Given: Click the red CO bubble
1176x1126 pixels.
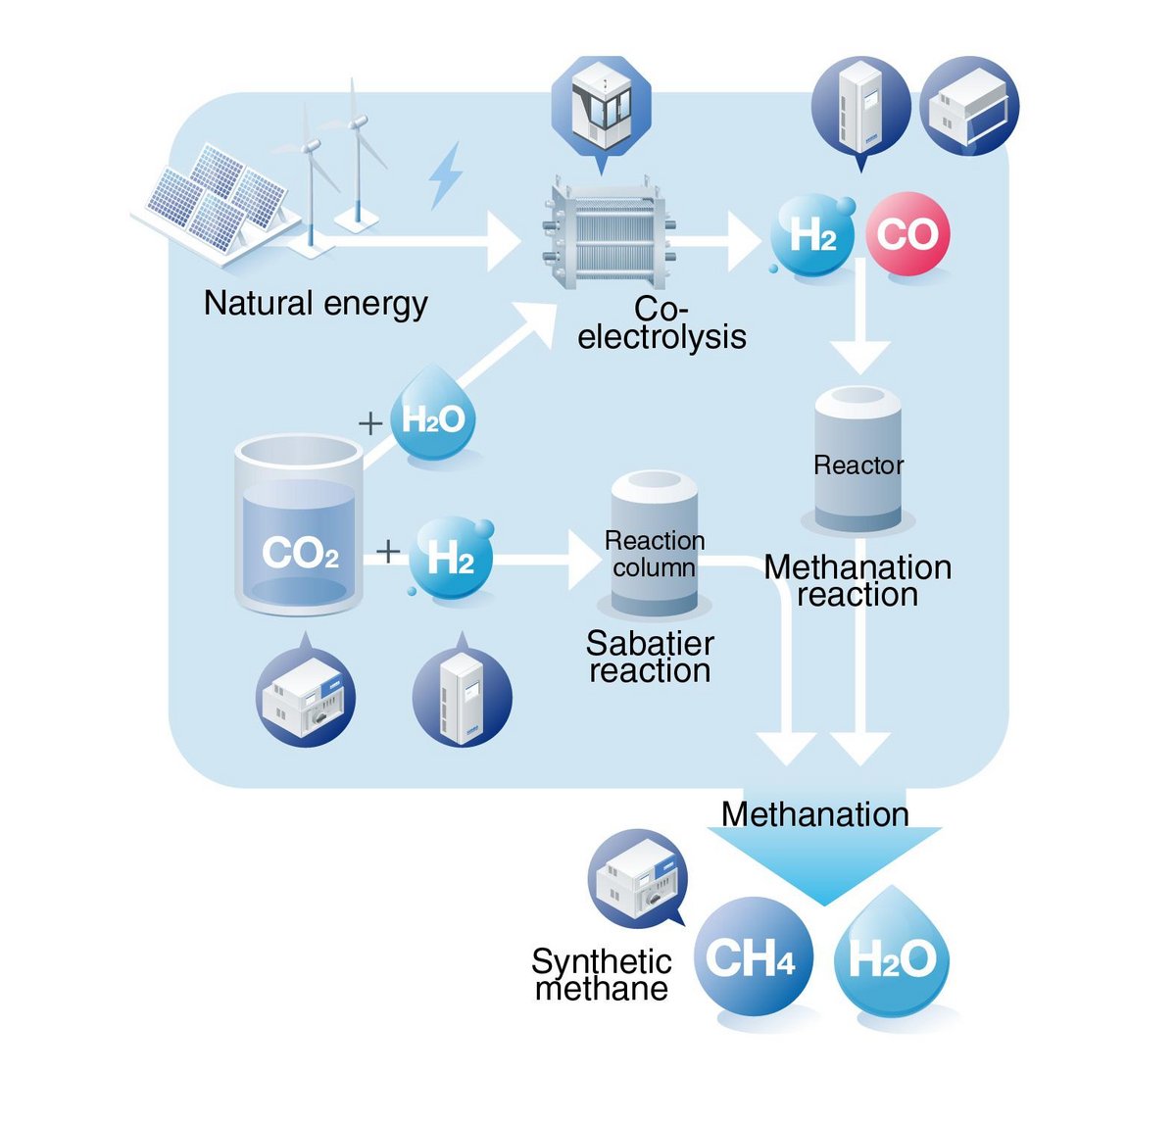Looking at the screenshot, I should (x=907, y=234).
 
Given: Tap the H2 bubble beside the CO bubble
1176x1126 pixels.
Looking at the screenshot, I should (x=812, y=235).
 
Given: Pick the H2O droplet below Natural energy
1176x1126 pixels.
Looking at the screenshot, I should (x=434, y=417).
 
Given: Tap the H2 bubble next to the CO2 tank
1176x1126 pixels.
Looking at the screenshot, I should (x=450, y=559).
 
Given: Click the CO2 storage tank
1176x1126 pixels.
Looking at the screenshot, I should (x=299, y=525).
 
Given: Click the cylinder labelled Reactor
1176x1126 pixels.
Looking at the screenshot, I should (x=858, y=461).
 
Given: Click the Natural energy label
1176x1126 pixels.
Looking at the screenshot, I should (x=316, y=304).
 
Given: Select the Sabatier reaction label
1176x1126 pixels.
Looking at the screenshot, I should (x=650, y=657).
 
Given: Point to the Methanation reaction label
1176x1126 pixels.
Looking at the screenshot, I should (x=857, y=580).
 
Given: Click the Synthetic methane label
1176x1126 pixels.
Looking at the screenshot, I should (x=602, y=974).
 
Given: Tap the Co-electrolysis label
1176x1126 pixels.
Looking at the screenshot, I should (x=661, y=322).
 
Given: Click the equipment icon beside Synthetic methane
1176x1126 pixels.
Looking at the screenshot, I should (x=637, y=878).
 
